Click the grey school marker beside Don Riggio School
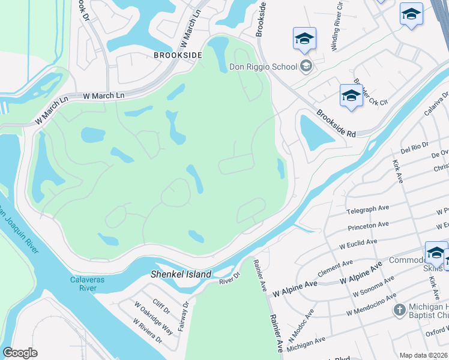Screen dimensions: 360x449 (307, 65)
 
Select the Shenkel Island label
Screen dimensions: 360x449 (180, 274)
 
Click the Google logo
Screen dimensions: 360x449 (20, 352)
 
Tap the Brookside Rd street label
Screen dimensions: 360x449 (337, 124)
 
